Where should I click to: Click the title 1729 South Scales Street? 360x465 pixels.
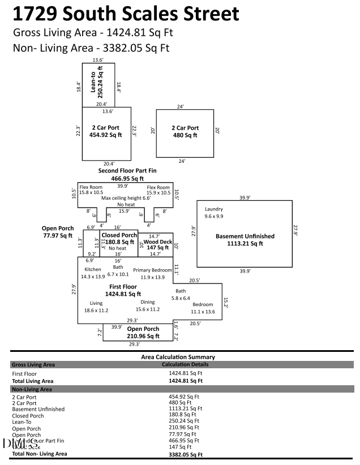coord(126,14)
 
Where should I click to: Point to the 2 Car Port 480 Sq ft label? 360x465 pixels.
coord(185,132)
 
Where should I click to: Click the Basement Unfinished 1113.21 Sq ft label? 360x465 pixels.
coord(245,240)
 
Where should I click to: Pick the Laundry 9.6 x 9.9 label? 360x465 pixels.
coord(214,213)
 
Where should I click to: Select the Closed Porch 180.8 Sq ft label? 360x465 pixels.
coord(119,238)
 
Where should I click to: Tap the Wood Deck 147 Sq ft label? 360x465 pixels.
coord(157,245)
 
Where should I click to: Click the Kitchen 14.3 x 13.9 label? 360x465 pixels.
coord(92,273)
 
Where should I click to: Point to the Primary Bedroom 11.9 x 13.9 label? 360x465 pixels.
coord(152,274)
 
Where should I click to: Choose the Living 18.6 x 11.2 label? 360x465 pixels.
coord(96,307)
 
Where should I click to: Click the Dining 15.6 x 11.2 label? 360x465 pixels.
coord(147,305)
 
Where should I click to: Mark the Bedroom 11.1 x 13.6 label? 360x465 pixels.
coord(203,308)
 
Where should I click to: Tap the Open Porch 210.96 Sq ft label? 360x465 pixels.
coord(143,333)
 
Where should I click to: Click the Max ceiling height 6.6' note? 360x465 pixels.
coord(126,198)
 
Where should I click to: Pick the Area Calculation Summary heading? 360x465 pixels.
coord(178,357)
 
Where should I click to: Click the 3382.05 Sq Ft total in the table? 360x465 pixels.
coord(185,454)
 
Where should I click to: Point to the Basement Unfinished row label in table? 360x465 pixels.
coord(38,409)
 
